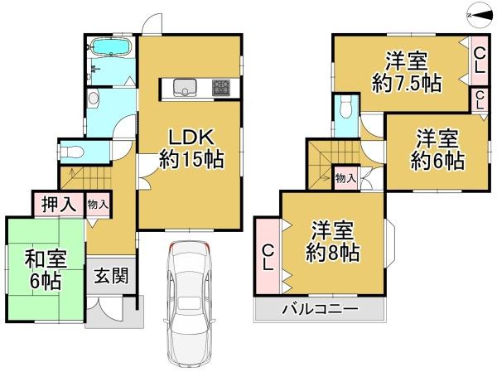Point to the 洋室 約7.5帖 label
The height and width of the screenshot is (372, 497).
[408, 72]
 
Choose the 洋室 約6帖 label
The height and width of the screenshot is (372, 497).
[437, 149]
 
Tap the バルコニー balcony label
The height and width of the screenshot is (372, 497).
[319, 310]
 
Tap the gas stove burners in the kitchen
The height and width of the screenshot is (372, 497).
[223, 85]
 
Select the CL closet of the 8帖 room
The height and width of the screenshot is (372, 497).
[269, 255]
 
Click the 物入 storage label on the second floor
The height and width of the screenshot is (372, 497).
[346, 177]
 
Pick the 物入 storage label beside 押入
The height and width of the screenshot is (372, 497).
[97, 203]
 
